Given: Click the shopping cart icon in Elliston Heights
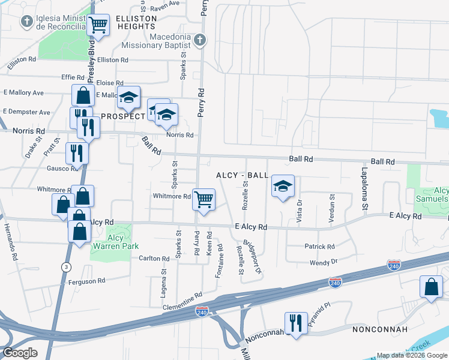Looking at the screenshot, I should (x=98, y=25).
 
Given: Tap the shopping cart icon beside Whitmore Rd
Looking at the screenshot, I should (x=203, y=199).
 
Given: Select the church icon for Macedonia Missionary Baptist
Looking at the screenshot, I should (x=200, y=40).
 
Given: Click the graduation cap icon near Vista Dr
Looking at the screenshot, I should (x=283, y=186).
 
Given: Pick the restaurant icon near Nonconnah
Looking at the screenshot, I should (x=295, y=323).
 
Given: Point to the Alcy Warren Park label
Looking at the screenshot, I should (x=115, y=242).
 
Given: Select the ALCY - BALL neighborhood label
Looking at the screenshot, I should (x=243, y=175).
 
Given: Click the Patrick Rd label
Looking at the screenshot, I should (x=319, y=247).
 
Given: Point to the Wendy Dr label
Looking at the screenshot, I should (x=324, y=262).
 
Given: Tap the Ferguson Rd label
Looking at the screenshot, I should (x=87, y=280).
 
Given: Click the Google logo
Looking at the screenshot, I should (x=20, y=353).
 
